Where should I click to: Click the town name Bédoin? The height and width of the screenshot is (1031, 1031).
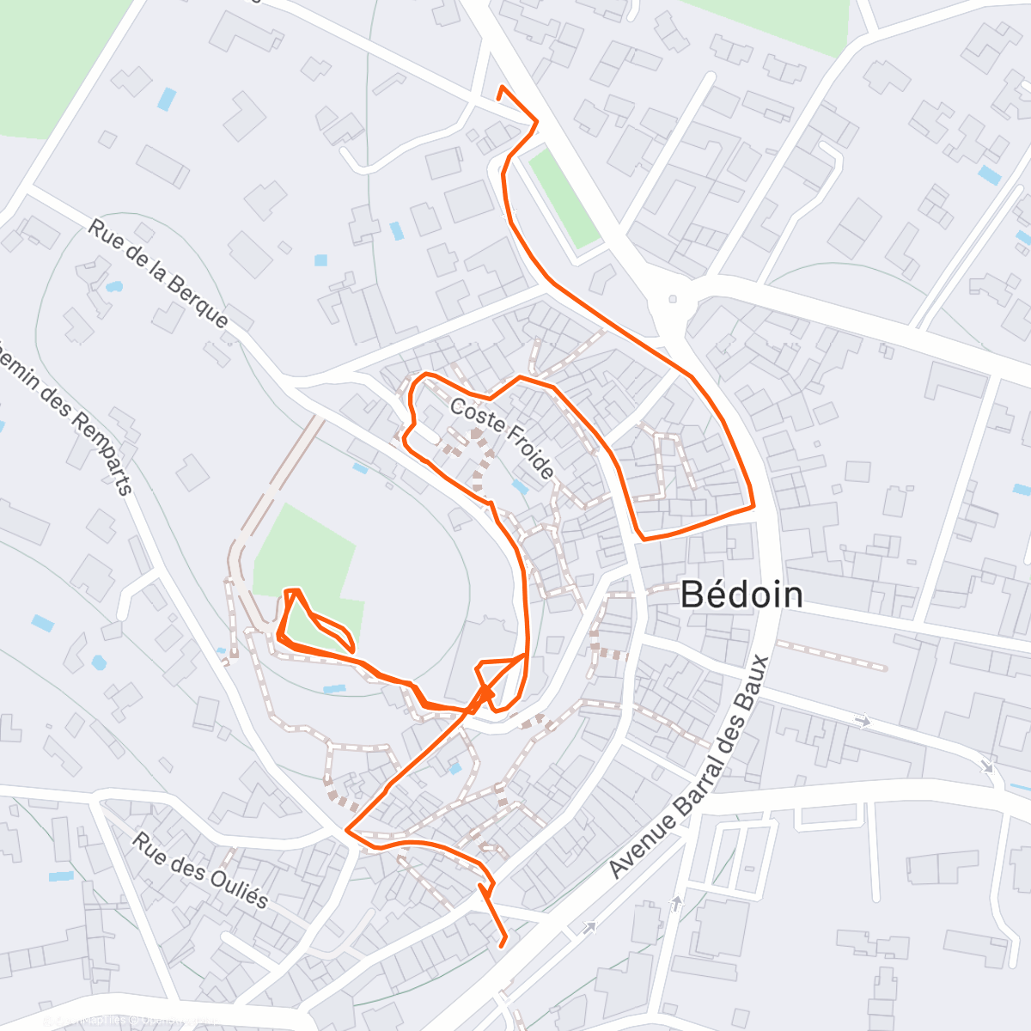pyautogui.click(x=741, y=595)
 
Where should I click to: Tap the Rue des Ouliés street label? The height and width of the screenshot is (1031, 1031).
pyautogui.click(x=200, y=869)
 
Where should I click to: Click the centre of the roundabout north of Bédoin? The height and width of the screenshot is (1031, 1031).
pyautogui.click(x=673, y=300)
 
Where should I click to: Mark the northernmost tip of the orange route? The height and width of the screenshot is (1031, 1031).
pyautogui.click(x=502, y=88)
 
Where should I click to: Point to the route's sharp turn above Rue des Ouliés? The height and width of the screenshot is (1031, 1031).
pyautogui.click(x=346, y=830)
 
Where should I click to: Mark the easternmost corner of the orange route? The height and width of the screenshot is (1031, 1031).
pyautogui.click(x=753, y=506)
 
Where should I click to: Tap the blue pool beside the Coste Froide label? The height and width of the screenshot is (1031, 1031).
pyautogui.click(x=519, y=486)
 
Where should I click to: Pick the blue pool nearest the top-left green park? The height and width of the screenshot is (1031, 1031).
pyautogui.click(x=166, y=99)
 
